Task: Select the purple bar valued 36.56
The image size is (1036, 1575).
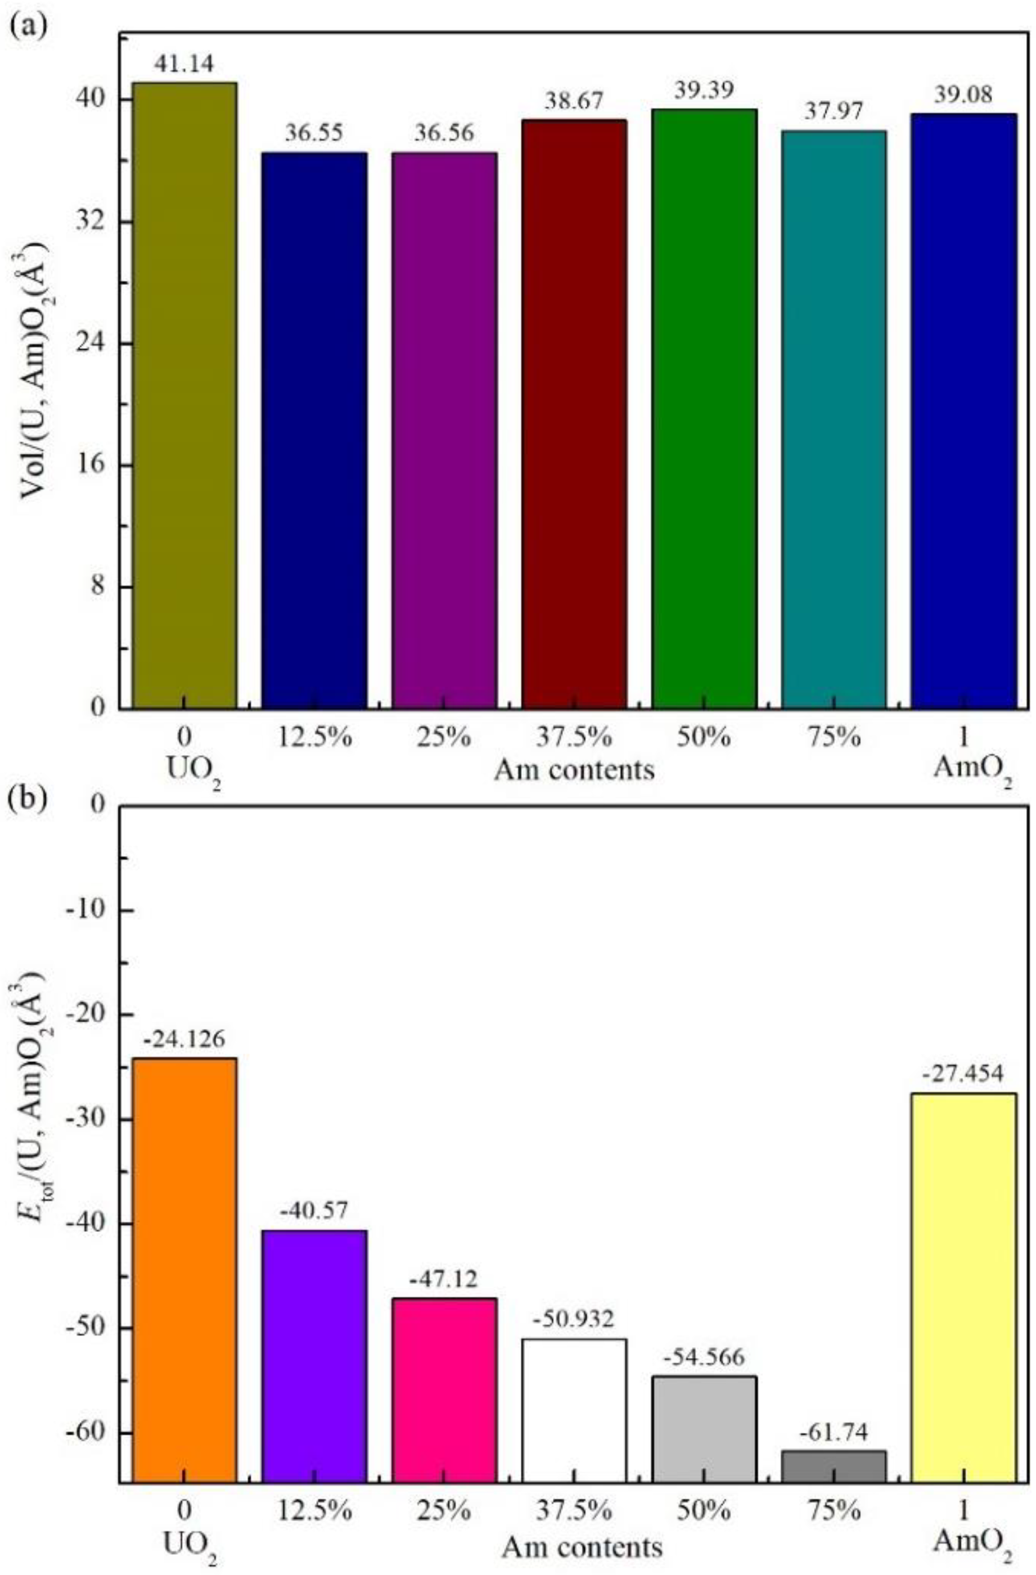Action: coord(444,430)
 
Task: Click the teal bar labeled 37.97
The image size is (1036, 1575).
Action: coord(834,419)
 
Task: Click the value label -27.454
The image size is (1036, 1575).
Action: coord(963,1071)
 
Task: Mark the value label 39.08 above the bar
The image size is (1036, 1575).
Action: coord(963,95)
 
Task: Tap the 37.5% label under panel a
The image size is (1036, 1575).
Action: coord(574,737)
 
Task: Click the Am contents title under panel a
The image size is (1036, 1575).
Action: coord(574,770)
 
